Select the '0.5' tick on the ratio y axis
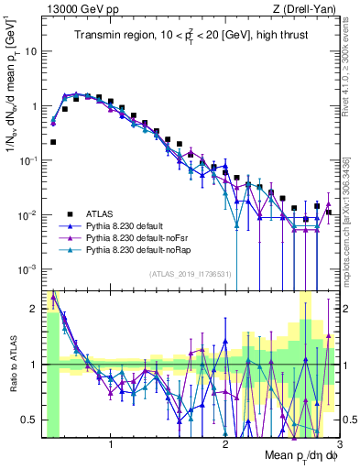[30, 420]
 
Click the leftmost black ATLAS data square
[53, 142]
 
